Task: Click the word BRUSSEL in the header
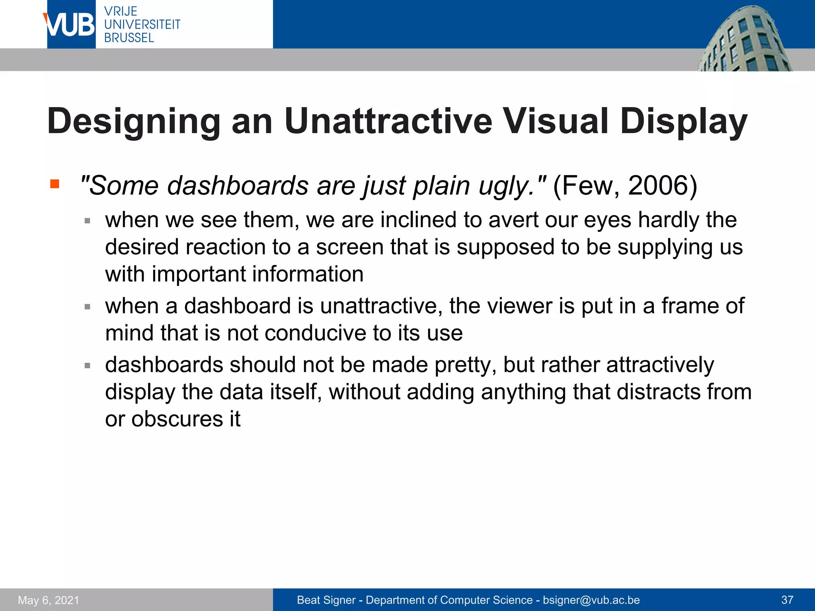point(129,38)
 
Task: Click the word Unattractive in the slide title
point(388,121)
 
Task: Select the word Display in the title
point(683,122)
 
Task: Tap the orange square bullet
point(55,184)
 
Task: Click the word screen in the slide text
point(350,247)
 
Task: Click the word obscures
point(177,419)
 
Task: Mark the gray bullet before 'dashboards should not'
point(88,365)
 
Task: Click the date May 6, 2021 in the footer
point(49,600)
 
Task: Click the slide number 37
point(787,600)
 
